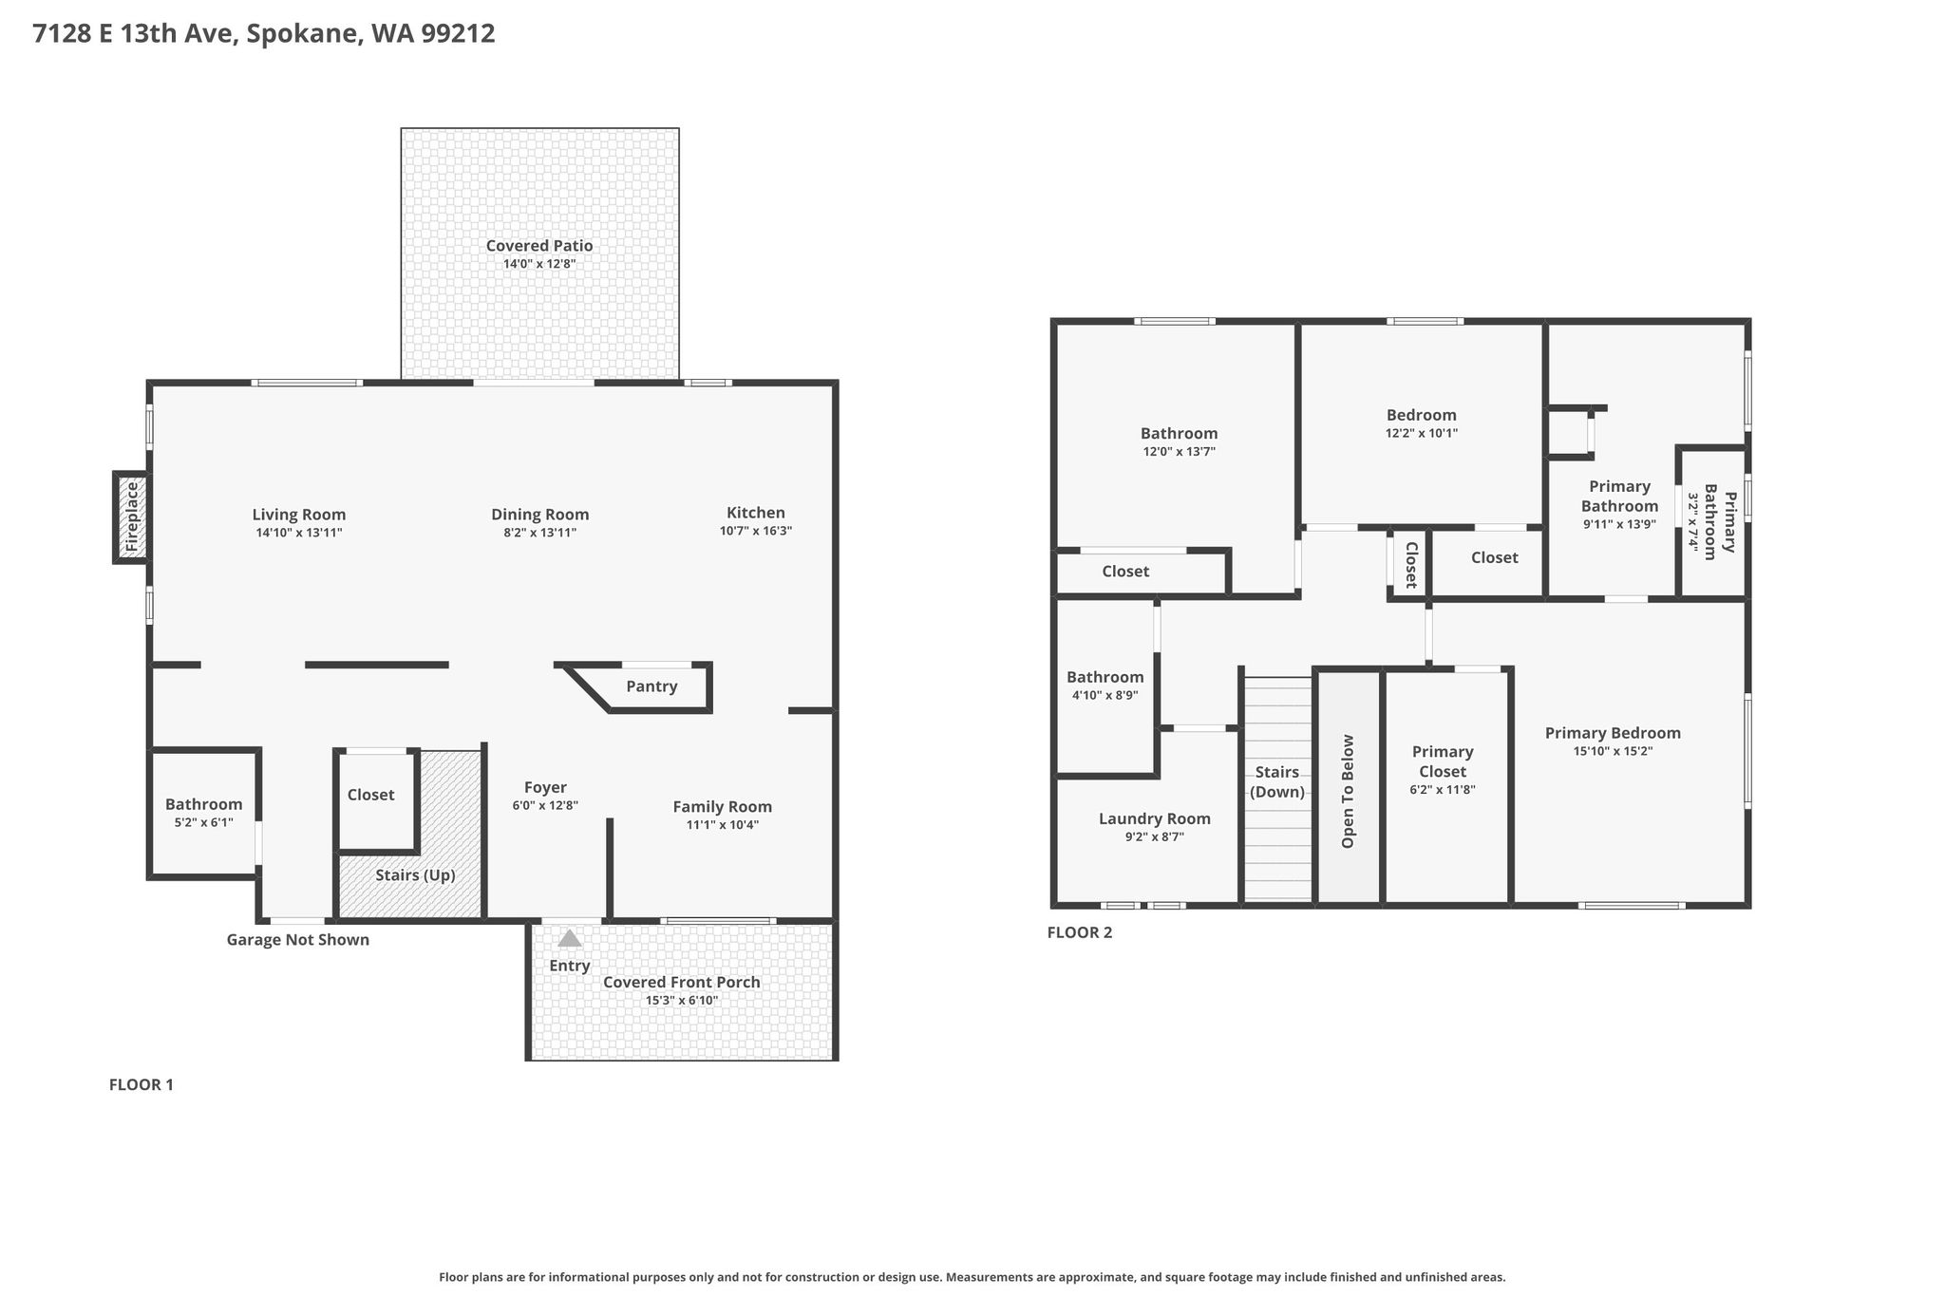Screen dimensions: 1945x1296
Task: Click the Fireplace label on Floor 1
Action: pyautogui.click(x=132, y=518)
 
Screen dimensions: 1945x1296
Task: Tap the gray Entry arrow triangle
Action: pyautogui.click(x=569, y=938)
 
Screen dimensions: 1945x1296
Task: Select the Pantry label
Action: pyautogui.click(x=651, y=686)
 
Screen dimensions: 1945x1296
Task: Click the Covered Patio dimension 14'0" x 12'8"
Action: pyautogui.click(x=539, y=264)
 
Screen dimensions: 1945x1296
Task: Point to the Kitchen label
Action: pyautogui.click(x=756, y=513)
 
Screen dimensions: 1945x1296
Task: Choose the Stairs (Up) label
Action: pyautogui.click(x=415, y=875)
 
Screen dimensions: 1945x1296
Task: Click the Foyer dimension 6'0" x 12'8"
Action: pyautogui.click(x=545, y=805)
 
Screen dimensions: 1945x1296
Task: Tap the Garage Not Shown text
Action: pyautogui.click(x=297, y=940)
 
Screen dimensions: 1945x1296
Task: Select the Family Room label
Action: pyautogui.click(x=723, y=807)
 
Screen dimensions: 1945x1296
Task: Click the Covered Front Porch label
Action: pyautogui.click(x=682, y=982)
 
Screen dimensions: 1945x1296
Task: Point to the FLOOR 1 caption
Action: pyautogui.click(x=142, y=1084)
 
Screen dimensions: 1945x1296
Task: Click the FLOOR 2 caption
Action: pyautogui.click(x=1080, y=932)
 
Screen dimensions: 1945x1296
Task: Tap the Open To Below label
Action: pyautogui.click(x=1348, y=791)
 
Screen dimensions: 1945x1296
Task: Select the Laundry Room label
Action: pyautogui.click(x=1155, y=818)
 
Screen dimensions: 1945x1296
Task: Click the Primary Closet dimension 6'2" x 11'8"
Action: pyautogui.click(x=1443, y=790)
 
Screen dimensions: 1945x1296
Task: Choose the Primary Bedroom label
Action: pyautogui.click(x=1613, y=733)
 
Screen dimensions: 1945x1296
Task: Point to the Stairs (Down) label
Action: pyautogui.click(x=1277, y=782)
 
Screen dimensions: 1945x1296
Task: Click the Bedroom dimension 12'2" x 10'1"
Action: pyautogui.click(x=1422, y=433)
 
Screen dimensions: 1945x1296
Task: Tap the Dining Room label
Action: pyautogui.click(x=540, y=515)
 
